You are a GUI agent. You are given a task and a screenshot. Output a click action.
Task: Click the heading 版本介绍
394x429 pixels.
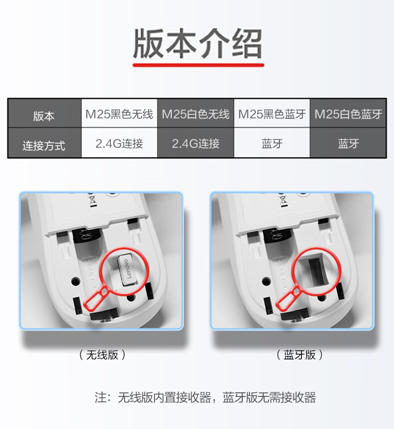click(197, 44)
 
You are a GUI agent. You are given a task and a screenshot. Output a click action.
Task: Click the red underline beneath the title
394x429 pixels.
click(198, 65)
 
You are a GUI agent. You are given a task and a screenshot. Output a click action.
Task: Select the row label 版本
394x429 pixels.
click(44, 116)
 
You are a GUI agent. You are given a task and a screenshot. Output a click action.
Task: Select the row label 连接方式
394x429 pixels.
click(44, 145)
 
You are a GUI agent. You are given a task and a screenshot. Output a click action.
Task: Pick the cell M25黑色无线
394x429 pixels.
click(119, 114)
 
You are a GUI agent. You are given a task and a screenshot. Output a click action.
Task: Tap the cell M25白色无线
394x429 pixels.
click(196, 114)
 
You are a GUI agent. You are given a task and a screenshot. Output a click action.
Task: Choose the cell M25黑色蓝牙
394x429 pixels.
click(272, 114)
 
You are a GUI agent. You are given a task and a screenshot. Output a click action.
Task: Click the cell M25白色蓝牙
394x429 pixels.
click(348, 114)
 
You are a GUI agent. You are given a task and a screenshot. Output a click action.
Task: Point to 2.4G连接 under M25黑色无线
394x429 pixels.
click(119, 143)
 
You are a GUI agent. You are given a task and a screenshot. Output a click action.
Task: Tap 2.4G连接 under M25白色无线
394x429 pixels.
click(196, 143)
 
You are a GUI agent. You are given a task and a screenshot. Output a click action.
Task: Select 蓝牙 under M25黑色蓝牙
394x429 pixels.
click(272, 143)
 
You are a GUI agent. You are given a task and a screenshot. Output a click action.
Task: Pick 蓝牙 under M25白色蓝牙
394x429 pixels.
click(348, 143)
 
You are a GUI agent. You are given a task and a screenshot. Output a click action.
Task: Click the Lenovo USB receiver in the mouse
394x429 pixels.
click(127, 270)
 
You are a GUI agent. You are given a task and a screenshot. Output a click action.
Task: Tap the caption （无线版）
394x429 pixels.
click(102, 355)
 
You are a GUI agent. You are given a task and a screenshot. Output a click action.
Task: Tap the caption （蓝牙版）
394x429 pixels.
click(300, 355)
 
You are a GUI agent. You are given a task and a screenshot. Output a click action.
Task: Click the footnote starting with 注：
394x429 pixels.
click(205, 397)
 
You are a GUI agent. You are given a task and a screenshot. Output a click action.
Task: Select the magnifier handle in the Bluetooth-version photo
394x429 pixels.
click(288, 298)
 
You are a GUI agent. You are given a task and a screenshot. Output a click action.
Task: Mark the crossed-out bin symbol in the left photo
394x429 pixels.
click(92, 201)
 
